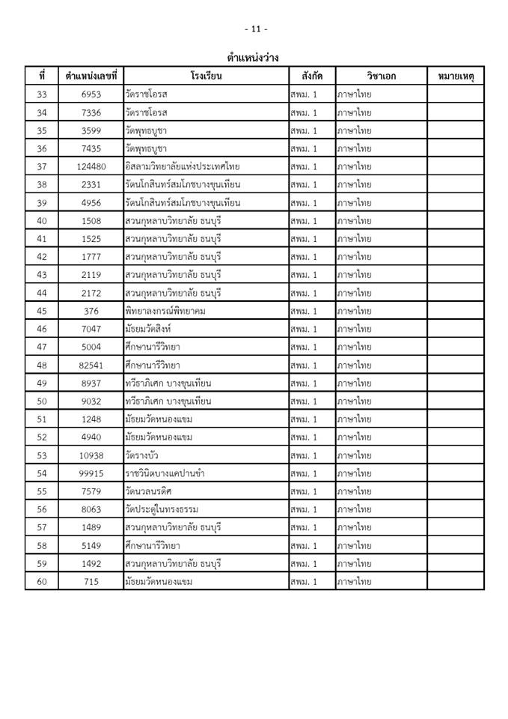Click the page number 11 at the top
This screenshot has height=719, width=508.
click(255, 29)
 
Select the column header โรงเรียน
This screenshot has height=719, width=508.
click(206, 76)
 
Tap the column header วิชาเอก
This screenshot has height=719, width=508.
click(382, 76)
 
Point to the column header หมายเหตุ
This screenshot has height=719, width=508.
click(456, 76)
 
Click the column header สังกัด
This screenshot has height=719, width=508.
click(312, 76)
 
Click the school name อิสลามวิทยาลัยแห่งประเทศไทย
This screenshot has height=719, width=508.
click(183, 166)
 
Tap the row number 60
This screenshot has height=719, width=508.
click(41, 581)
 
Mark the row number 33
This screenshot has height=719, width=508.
click(41, 94)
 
